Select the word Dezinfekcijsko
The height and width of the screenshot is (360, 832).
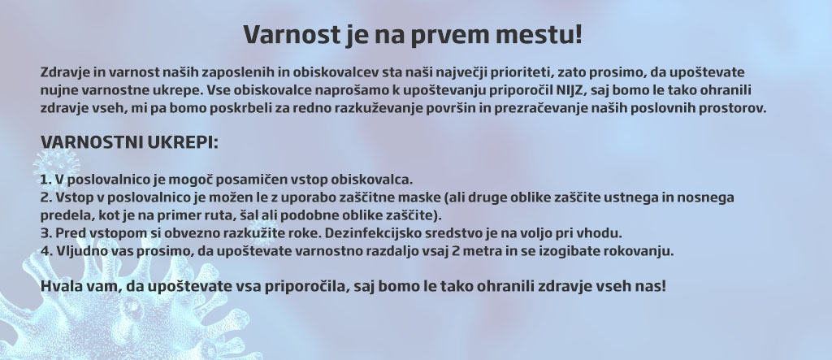[x=370, y=233]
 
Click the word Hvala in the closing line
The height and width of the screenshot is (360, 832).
[x=58, y=287]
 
